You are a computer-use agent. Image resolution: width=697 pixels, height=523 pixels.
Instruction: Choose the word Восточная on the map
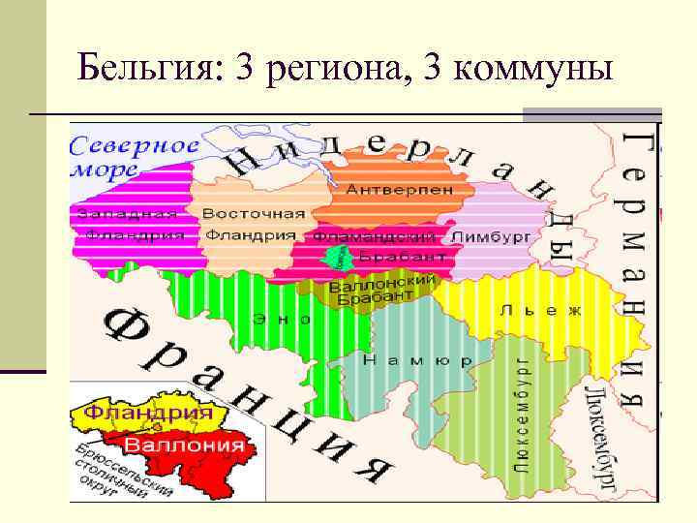click(x=254, y=214)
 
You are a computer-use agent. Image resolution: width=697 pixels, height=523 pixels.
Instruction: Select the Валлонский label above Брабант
click(x=382, y=284)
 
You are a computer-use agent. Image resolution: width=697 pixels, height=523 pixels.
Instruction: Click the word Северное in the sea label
click(x=135, y=146)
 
